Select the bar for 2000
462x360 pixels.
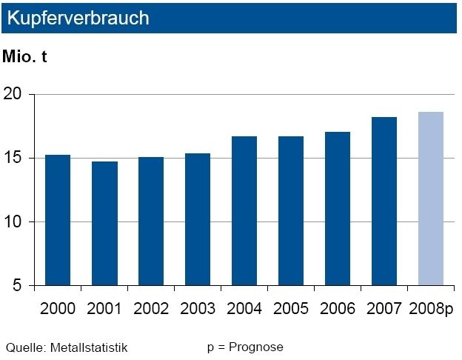coord(58,220)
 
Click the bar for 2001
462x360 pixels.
coord(104,223)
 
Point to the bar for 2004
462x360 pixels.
coord(244,211)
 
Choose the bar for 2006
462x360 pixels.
coord(338,209)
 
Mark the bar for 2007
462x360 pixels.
coord(384,201)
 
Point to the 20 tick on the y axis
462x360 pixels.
coord(16,95)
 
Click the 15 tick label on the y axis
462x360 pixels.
coord(16,159)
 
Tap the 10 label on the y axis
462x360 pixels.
coord(16,222)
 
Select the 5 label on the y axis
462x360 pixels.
coord(20,286)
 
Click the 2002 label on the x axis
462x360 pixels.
coord(151,308)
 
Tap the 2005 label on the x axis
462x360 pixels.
coord(291,308)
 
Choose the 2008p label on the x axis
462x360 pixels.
coord(431,308)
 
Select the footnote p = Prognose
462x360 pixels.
coord(245,347)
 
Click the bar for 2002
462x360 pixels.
coord(151,221)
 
